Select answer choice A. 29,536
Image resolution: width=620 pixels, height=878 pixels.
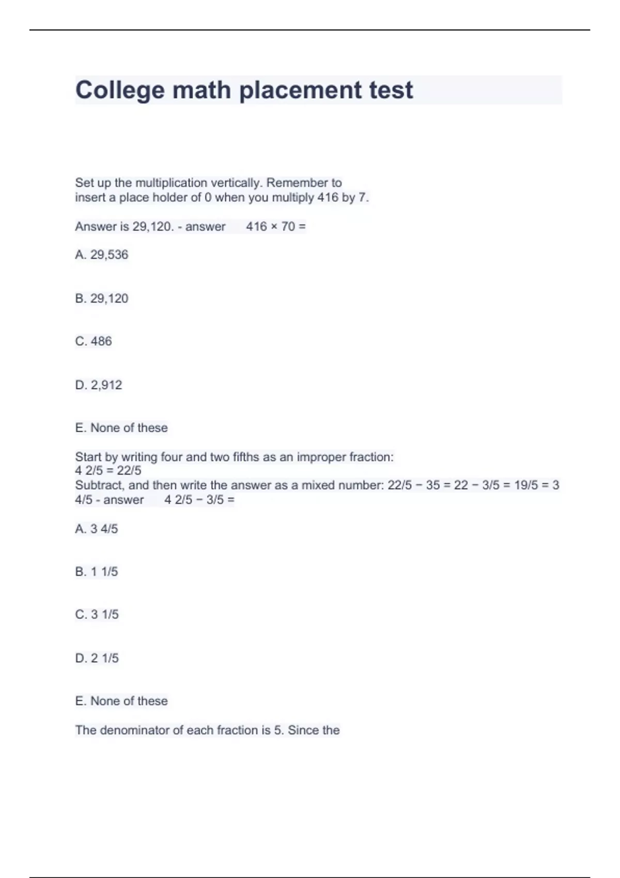coord(102,255)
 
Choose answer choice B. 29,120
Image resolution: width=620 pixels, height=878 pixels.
coord(102,299)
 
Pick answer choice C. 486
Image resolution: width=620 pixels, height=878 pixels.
coord(94,341)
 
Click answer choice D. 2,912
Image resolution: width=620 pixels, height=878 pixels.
coord(99,385)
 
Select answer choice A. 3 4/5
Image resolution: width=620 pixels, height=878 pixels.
coord(97,529)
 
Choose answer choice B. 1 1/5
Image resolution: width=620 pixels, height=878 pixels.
coord(97,572)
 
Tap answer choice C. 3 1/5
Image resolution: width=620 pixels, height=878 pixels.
coord(97,615)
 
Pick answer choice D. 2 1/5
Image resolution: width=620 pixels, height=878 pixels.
coord(97,658)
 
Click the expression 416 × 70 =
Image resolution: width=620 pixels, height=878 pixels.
coord(276,227)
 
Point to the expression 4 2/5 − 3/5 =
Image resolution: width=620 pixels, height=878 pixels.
coord(199,500)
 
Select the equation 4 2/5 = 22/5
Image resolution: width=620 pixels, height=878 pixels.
coord(108,471)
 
